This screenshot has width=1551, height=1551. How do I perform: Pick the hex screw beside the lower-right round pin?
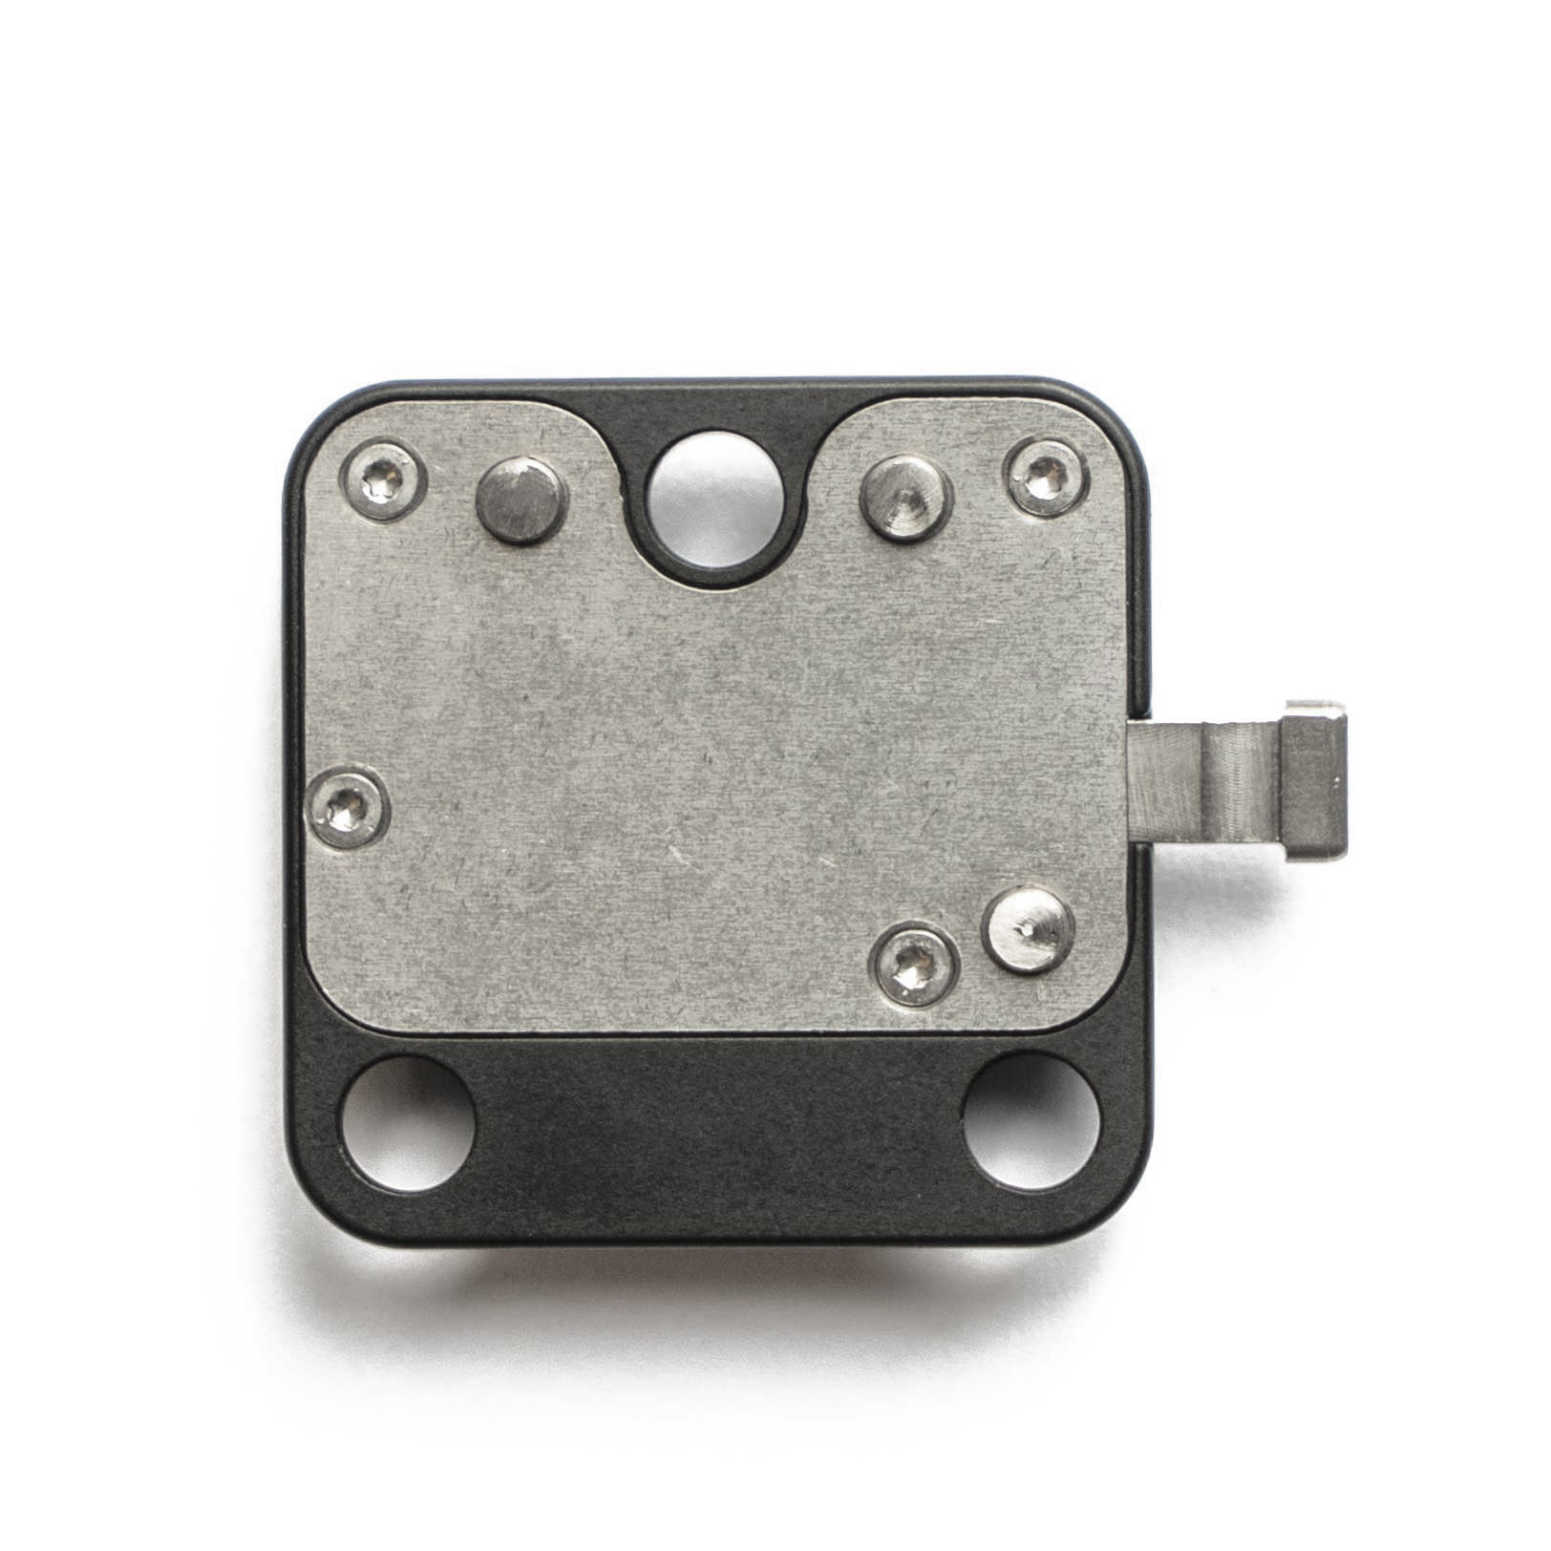tap(915, 967)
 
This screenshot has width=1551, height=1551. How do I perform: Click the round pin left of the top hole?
tap(521, 499)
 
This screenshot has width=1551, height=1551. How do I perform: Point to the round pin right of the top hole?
tap(906, 497)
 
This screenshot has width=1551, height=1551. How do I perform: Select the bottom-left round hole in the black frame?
tap(409, 1124)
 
